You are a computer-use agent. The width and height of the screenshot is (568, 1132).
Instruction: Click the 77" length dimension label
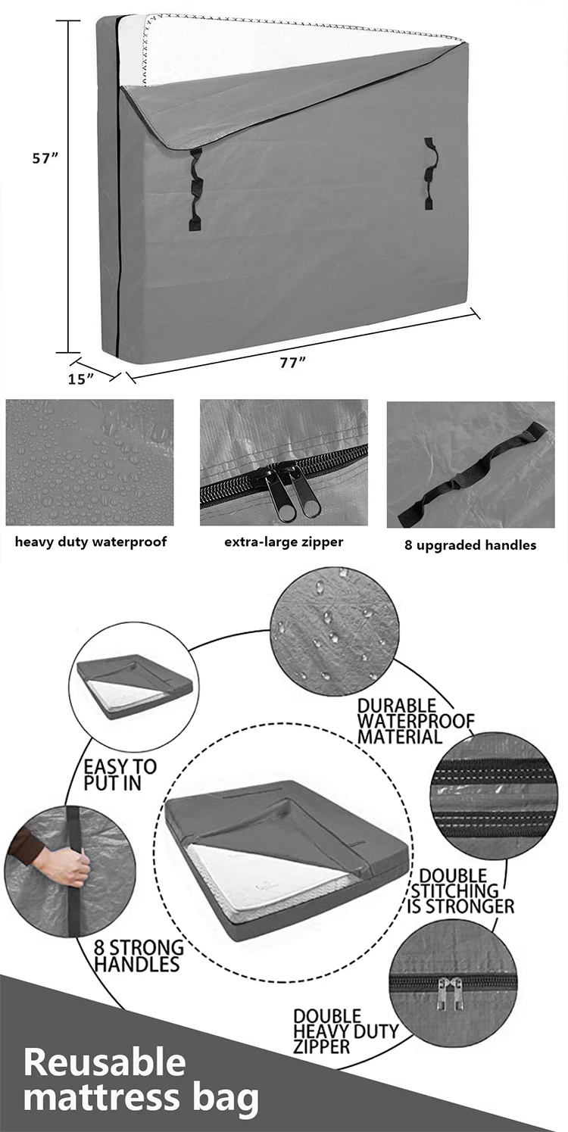coord(292,362)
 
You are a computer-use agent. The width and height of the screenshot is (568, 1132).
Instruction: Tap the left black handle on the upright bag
coord(195,189)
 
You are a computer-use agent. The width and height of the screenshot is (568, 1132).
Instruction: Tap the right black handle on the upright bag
coord(429,173)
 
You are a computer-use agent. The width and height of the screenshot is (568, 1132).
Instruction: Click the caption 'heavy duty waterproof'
coord(91,541)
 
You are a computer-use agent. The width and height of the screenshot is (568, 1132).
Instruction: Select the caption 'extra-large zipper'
coord(283,541)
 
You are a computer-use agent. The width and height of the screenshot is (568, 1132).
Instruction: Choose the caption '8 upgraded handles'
coord(470,544)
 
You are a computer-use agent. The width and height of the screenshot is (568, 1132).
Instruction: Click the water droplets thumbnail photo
coord(89,463)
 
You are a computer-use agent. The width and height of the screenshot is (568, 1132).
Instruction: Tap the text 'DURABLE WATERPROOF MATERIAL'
coord(415,721)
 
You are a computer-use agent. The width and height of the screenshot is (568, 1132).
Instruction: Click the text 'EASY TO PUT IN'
coord(120,775)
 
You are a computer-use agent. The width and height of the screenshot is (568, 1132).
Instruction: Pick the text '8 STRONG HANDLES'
coord(139,956)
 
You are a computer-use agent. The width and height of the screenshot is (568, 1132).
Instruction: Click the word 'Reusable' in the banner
coord(105,1062)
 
